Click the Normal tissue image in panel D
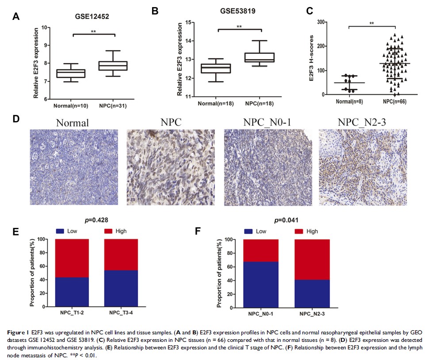pyautogui.click(x=74, y=167)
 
